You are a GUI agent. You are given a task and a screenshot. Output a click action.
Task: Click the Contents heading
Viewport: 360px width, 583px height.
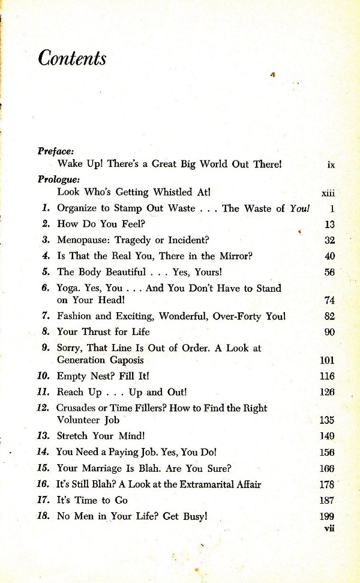pos(72,59)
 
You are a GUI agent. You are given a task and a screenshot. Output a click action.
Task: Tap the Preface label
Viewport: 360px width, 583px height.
pos(55,151)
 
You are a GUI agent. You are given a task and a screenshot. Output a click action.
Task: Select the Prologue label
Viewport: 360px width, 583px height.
pos(59,179)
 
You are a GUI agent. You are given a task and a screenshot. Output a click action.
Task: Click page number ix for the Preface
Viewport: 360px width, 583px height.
pos(331,164)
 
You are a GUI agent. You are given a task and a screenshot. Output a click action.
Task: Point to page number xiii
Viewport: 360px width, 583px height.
pos(328,193)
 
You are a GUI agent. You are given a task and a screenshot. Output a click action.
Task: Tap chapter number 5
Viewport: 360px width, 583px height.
pos(46,271)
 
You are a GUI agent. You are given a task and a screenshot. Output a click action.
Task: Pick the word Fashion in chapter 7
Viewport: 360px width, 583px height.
pos(76,316)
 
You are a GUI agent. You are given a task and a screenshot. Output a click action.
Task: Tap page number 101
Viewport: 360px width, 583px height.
pos(327,361)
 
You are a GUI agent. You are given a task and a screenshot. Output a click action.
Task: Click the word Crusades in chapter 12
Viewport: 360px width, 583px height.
pos(77,408)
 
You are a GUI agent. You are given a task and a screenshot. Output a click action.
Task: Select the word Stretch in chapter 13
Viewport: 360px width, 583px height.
pos(73,436)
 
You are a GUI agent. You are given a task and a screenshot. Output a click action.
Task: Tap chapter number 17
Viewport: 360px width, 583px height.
pos(42,500)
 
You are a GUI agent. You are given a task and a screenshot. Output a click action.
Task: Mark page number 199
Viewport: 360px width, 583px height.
pos(327,516)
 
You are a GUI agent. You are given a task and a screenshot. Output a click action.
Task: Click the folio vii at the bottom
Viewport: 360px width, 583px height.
pos(328,528)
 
